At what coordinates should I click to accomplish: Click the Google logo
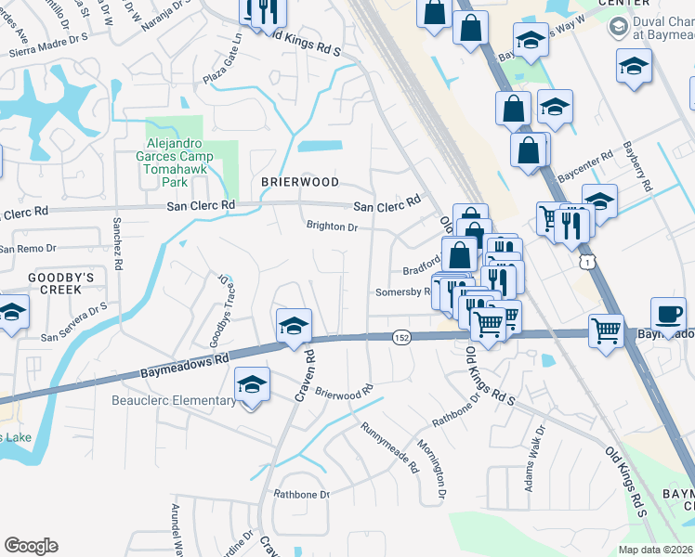(x=31, y=546)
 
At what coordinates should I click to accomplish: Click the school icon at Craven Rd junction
(x=294, y=325)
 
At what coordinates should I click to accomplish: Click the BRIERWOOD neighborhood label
(x=299, y=182)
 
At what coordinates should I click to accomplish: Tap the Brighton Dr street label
(x=333, y=227)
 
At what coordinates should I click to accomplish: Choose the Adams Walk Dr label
(x=535, y=454)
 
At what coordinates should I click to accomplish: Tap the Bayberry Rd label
(x=638, y=167)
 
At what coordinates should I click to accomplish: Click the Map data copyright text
(x=655, y=550)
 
